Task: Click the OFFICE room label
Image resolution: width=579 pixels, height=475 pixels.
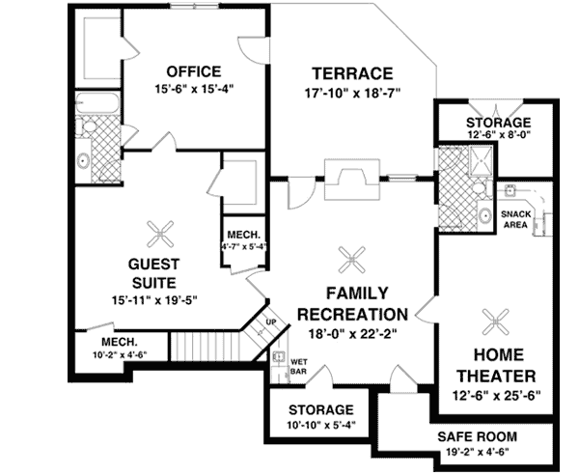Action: pos(193,71)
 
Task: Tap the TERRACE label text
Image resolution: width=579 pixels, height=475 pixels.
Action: pos(351,73)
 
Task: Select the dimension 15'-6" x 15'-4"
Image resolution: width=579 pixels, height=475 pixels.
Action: pos(193,89)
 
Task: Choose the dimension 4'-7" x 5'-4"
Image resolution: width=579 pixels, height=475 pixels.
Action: pos(245,246)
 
